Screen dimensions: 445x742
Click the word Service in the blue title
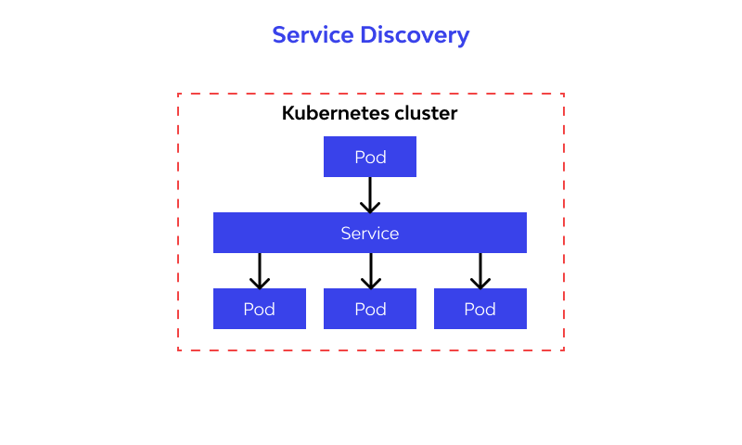pyautogui.click(x=313, y=35)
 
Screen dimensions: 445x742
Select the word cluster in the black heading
pyautogui.click(x=426, y=114)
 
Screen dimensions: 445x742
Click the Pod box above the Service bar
pyautogui.click(x=370, y=157)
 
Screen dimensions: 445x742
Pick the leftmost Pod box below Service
pyautogui.click(x=260, y=309)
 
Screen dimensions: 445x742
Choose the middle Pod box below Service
pyautogui.click(x=370, y=309)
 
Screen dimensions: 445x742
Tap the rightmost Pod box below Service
pyautogui.click(x=480, y=309)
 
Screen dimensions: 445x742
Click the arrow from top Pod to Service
pyautogui.click(x=370, y=195)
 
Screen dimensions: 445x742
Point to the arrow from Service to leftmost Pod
pyautogui.click(x=260, y=271)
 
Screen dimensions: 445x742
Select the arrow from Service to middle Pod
pyautogui.click(x=370, y=271)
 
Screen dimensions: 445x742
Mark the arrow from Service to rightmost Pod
pyautogui.click(x=480, y=271)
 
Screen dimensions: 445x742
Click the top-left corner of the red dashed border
pyautogui.click(x=178, y=94)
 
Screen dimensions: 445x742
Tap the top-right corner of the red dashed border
pyautogui.click(x=564, y=94)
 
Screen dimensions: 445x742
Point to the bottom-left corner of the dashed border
pyautogui.click(x=178, y=350)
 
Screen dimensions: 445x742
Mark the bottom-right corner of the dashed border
pyautogui.click(x=564, y=350)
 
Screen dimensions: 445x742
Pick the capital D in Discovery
pyautogui.click(x=368, y=35)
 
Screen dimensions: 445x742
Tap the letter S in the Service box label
pyautogui.click(x=346, y=234)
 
